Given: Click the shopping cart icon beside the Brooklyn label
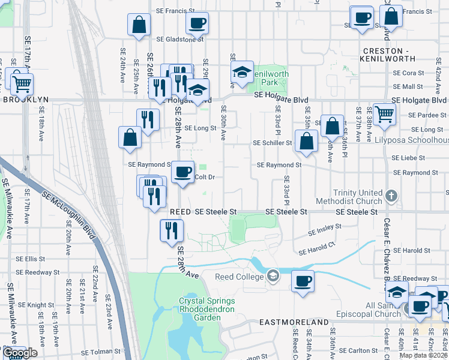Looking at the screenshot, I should point(21,84).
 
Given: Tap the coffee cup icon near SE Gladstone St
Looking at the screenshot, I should point(197,23).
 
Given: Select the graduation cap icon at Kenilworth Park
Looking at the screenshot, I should point(242,73).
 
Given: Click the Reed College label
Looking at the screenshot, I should point(240,277).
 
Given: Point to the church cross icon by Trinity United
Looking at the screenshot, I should point(391,196).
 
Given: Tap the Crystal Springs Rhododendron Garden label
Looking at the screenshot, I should point(206,305).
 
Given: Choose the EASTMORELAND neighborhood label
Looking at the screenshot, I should point(294,322).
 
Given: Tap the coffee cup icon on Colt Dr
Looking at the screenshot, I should point(184,172).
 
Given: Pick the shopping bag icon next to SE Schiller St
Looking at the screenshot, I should point(306,142).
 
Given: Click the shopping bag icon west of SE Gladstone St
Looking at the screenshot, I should point(139,25).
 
